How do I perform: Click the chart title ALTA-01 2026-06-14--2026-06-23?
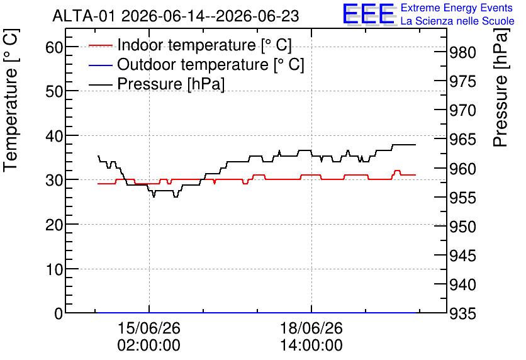click(176, 16)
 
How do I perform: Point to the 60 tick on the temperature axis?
click(54, 47)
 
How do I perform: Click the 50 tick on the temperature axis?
click(54, 91)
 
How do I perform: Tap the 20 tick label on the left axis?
click(54, 225)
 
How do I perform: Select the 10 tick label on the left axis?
click(54, 269)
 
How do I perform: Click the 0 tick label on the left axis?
click(59, 313)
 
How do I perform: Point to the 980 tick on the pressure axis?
click(462, 52)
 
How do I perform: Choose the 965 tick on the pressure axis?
click(462, 140)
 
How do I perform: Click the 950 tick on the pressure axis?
click(462, 227)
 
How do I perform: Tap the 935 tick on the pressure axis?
click(462, 313)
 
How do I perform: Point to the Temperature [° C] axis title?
click(11, 100)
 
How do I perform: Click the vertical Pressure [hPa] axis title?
click(501, 87)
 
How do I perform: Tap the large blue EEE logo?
click(368, 14)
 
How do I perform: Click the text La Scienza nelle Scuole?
click(457, 21)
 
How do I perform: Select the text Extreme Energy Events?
click(457, 8)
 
